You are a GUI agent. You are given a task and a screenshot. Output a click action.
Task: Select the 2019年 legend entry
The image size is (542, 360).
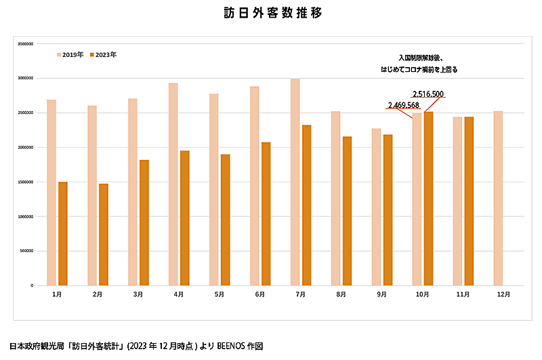(x=70, y=54)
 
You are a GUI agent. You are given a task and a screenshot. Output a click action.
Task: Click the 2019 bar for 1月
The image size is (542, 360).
(x=51, y=193)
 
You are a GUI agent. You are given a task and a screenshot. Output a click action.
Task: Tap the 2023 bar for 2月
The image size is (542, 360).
(x=103, y=234)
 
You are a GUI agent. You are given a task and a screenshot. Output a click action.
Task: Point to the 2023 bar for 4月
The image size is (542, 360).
(x=184, y=218)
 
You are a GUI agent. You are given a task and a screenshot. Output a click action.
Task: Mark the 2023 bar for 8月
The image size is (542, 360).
(x=347, y=211)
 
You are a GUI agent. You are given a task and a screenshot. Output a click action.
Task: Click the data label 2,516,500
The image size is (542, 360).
(x=428, y=94)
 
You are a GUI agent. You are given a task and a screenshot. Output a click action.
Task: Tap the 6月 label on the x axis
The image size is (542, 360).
(x=259, y=295)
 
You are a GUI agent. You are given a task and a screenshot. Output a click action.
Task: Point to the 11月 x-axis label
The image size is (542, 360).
(x=463, y=295)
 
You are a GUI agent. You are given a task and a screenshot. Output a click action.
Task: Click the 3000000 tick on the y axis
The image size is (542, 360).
(x=24, y=78)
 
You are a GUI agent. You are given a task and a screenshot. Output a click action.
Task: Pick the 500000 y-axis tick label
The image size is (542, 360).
(x=26, y=251)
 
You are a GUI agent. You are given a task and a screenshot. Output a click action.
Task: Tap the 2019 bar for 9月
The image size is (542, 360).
(x=376, y=207)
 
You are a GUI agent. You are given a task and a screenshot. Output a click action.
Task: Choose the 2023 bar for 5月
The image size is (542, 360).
(x=225, y=220)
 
